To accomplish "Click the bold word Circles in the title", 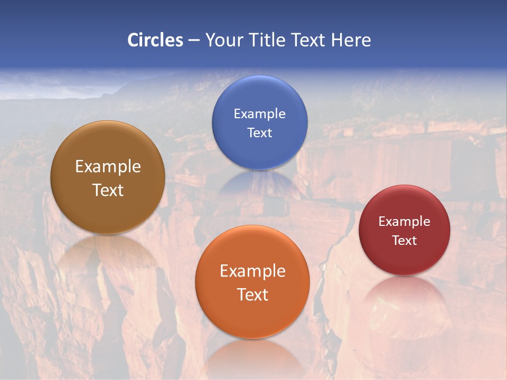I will pyautogui.click(x=155, y=40).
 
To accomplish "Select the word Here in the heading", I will pyautogui.click(x=351, y=40).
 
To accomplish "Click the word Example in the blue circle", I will pyautogui.click(x=259, y=114).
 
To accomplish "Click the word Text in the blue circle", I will pyautogui.click(x=259, y=132).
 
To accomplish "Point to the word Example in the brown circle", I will pyautogui.click(x=108, y=167).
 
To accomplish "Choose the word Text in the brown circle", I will pyautogui.click(x=108, y=190).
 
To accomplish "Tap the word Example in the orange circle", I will pyautogui.click(x=252, y=271).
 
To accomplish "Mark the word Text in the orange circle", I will pyautogui.click(x=252, y=294).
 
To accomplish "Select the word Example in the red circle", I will pyautogui.click(x=404, y=222).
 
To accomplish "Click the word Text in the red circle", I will pyautogui.click(x=404, y=241).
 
